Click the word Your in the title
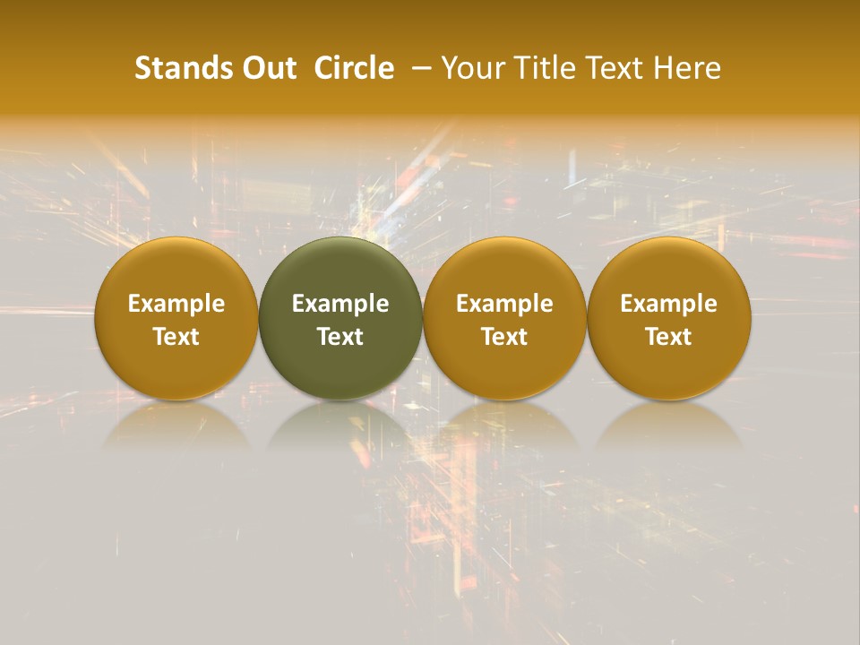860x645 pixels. point(468,68)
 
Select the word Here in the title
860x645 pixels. point(686,68)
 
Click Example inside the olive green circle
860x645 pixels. point(340,304)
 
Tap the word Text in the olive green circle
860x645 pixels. point(340,337)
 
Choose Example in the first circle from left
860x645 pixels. point(176,304)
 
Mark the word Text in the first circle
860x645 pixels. point(176,337)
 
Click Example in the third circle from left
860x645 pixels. point(504,304)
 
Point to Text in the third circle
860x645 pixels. point(504,337)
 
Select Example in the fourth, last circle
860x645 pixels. point(668,304)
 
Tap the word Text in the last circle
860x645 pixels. point(668,337)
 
